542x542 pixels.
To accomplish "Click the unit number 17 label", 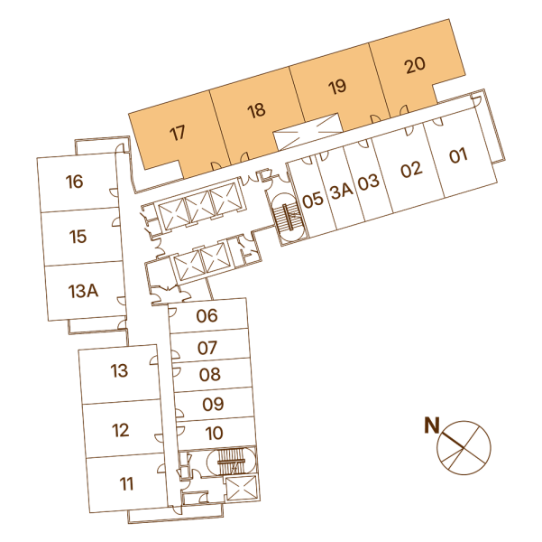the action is [178, 134].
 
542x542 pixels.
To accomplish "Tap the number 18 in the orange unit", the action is [256, 111].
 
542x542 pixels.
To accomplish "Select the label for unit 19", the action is [337, 87].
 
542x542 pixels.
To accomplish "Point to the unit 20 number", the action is [415, 65].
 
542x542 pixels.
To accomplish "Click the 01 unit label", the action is [458, 155].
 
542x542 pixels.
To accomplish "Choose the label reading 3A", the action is [341, 191].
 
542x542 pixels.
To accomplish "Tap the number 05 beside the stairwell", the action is [313, 201].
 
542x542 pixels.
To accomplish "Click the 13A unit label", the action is [83, 291].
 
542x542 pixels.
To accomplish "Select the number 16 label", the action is [74, 182].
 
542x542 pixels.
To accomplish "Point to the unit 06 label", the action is [207, 316].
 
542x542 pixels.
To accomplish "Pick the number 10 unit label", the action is [214, 434].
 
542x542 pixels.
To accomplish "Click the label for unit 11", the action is [126, 484].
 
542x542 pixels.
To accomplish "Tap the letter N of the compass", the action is [432, 425].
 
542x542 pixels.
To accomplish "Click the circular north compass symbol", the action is [464, 448].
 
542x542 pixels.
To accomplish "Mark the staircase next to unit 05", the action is [289, 217].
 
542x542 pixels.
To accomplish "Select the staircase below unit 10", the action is [231, 462].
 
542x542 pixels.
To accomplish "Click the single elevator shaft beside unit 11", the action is [242, 488].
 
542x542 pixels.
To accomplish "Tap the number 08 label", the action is [210, 375].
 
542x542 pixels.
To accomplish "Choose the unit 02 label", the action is [411, 170].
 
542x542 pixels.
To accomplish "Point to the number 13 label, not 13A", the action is [119, 370].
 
